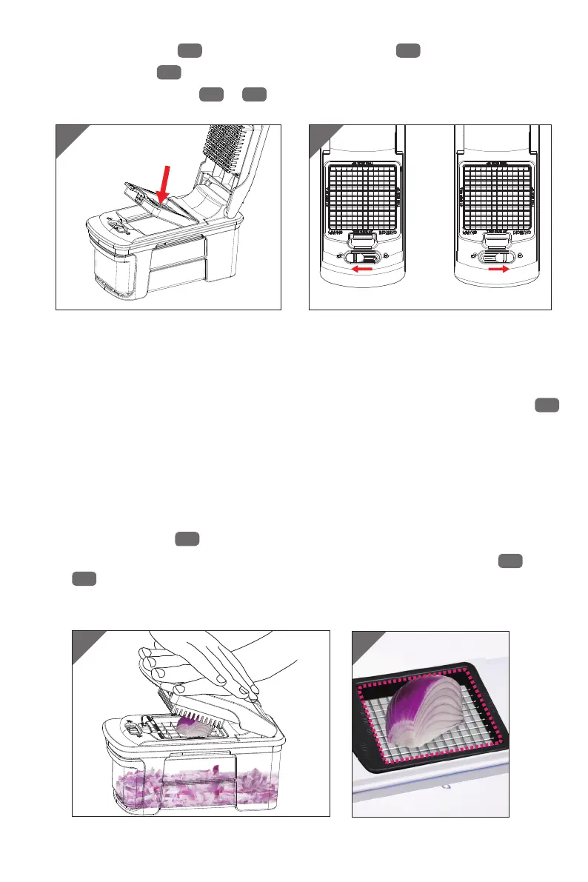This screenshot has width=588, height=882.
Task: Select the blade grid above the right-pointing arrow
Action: tap(498, 197)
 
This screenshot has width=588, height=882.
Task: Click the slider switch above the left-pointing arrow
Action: tap(361, 256)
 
